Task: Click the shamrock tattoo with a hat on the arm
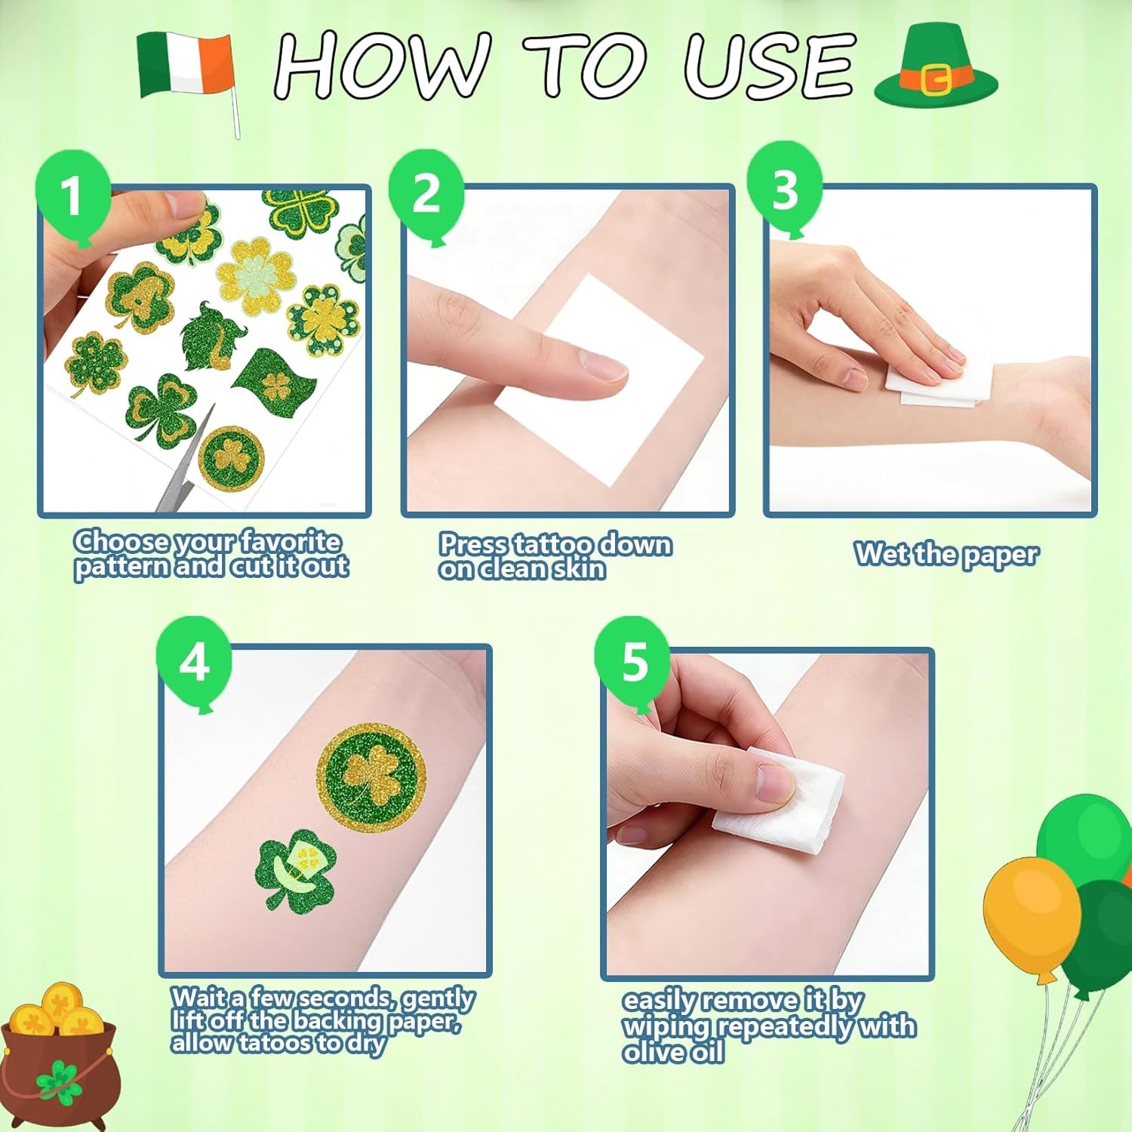pyautogui.click(x=294, y=869)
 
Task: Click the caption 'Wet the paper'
pyautogui.click(x=946, y=554)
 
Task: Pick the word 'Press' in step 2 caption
pyautogui.click(x=474, y=543)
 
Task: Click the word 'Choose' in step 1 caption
pyautogui.click(x=122, y=541)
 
